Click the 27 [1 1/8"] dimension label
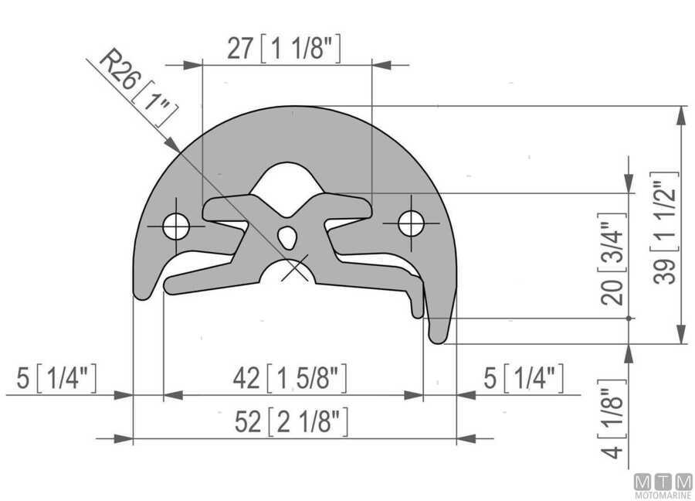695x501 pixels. point(284,49)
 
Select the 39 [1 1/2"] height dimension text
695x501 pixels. point(666,228)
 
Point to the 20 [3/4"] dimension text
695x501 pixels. point(614,259)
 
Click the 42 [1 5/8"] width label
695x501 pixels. point(290,379)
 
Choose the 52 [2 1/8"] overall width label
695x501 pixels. point(291,421)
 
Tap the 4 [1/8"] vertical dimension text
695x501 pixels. point(613,419)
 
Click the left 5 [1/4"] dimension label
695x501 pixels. point(56,378)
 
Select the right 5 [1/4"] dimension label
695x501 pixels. point(524,378)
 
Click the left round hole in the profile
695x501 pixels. point(176,227)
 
